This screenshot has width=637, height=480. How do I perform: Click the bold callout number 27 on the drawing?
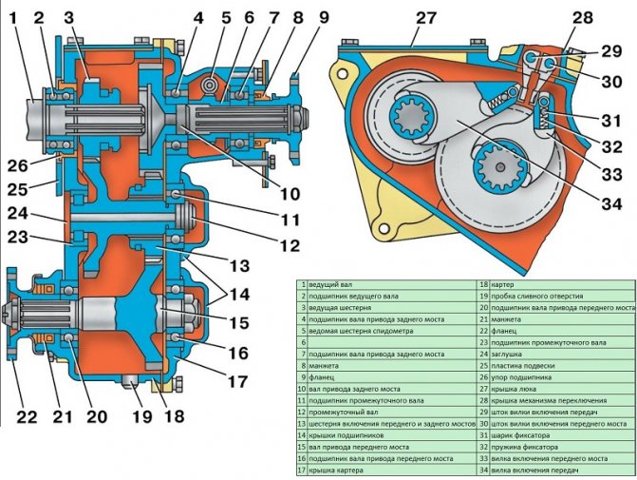pos(424,18)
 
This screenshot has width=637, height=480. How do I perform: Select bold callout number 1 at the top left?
pos(12,16)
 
